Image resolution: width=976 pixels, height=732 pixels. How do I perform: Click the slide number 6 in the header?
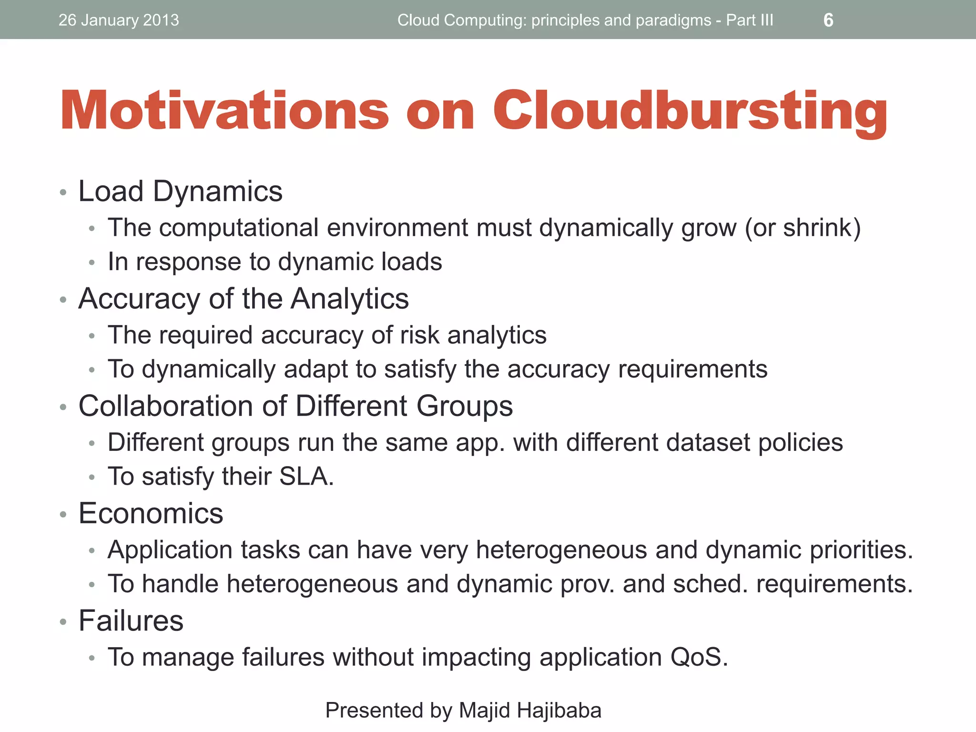(828, 20)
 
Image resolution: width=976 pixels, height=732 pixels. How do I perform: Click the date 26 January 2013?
(119, 20)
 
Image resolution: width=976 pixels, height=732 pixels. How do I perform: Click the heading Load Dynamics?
(180, 191)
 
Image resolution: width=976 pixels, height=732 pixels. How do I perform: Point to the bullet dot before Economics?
(63, 515)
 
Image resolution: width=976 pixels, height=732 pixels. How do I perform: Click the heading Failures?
(131, 620)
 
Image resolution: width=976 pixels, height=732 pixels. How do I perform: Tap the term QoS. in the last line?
(699, 657)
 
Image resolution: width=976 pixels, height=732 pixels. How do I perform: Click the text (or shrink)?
(803, 227)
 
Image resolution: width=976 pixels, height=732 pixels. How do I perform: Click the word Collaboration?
(165, 406)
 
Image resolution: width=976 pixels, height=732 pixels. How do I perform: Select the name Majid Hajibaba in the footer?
(530, 710)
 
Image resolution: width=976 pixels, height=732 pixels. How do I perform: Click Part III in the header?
(750, 20)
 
